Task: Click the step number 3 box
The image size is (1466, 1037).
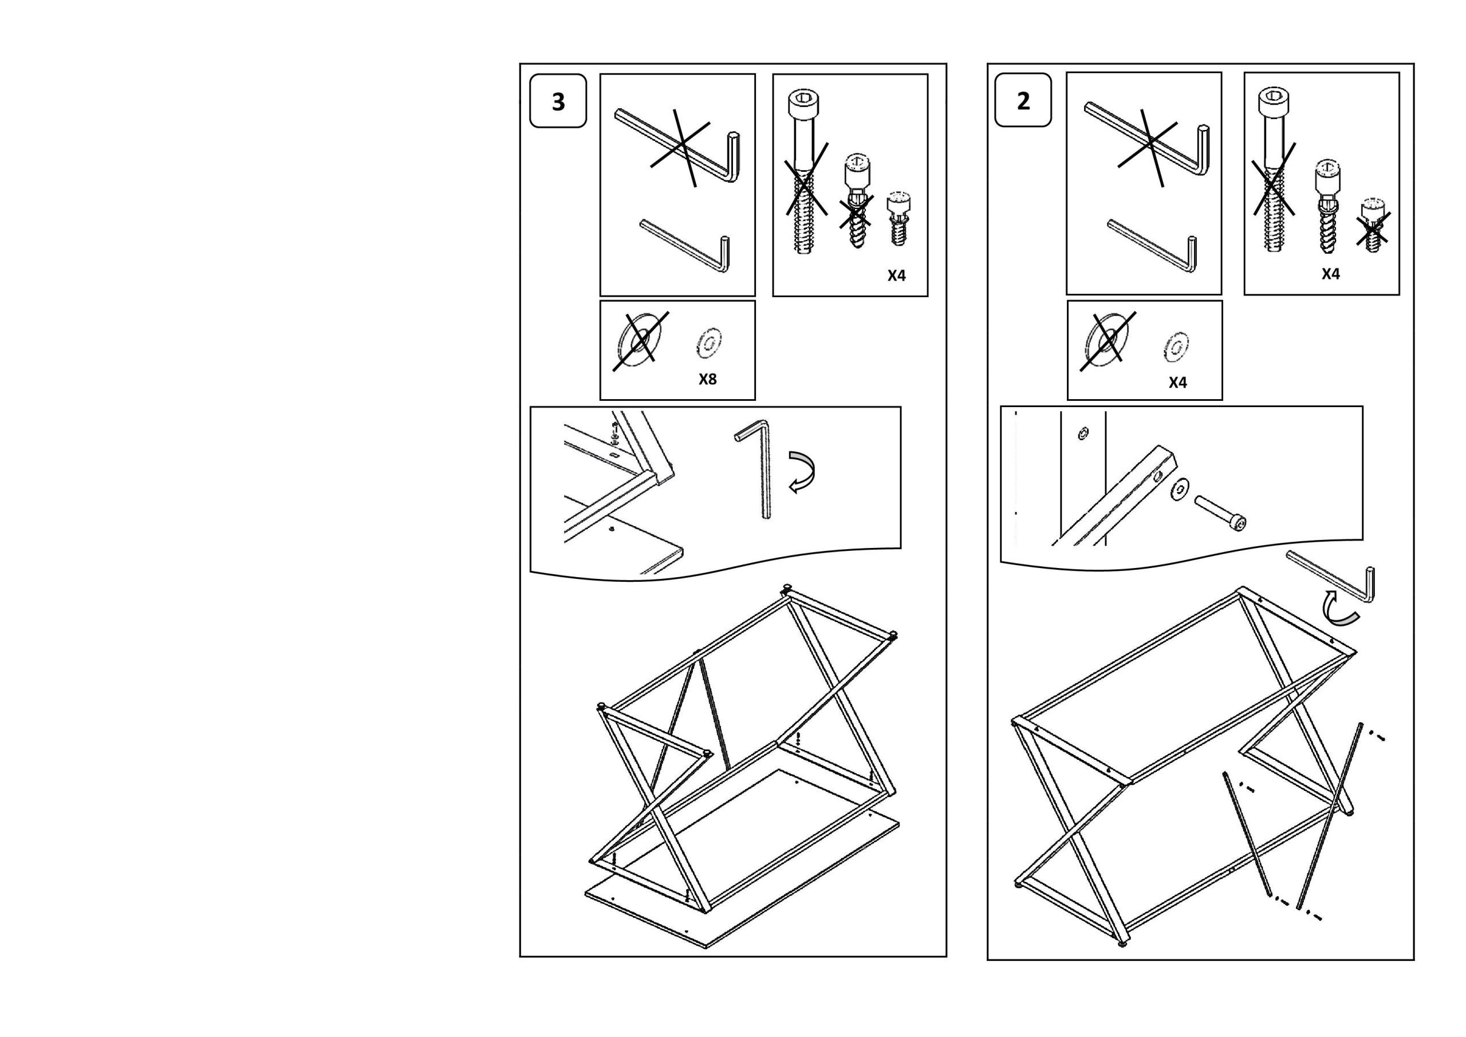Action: [x=558, y=101]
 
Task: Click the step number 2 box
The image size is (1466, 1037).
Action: [x=1023, y=100]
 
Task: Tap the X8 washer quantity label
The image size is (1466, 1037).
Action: [x=707, y=378]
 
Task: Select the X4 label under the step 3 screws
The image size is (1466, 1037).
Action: [x=896, y=275]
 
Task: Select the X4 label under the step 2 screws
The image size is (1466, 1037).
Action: [x=1331, y=273]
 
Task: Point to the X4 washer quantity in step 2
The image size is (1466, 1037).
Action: [x=1177, y=382]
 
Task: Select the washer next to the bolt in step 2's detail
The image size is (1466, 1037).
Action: [x=1180, y=489]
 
